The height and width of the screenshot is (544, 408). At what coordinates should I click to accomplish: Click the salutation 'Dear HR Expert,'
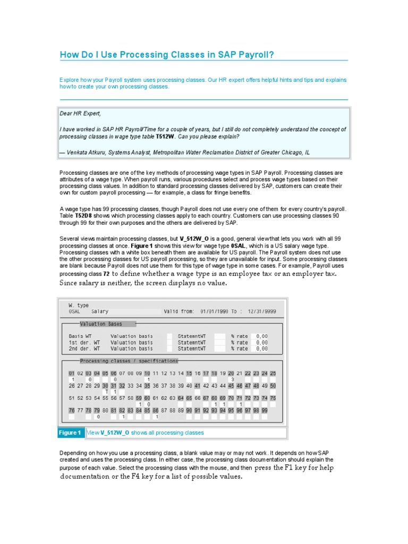pyautogui.click(x=80, y=114)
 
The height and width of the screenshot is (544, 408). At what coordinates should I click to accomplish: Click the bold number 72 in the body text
pyautogui.click(x=106, y=273)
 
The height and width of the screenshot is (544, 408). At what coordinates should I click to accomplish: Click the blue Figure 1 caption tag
pyautogui.click(x=71, y=433)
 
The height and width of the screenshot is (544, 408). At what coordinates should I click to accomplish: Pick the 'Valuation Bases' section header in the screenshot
pyautogui.click(x=101, y=324)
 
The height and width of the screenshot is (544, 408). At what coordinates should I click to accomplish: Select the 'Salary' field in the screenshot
pyautogui.click(x=100, y=312)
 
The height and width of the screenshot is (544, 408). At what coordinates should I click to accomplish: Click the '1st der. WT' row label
pyautogui.click(x=84, y=343)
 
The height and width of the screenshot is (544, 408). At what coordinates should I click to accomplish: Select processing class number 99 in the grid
pyautogui.click(x=264, y=411)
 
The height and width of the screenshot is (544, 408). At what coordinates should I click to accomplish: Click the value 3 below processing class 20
pyautogui.click(x=232, y=380)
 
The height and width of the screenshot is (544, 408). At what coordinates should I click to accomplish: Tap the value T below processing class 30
pyautogui.click(x=106, y=392)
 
